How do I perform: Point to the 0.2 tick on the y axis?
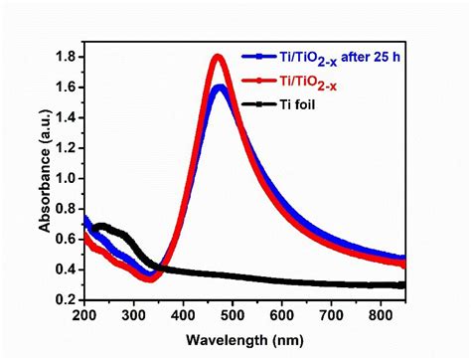[x=69, y=299]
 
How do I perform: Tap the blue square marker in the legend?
[x=261, y=57]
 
